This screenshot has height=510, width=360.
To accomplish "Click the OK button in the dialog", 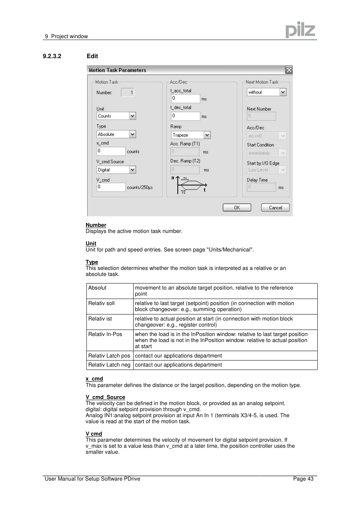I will [237, 208].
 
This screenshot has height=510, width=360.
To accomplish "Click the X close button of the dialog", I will [289, 70].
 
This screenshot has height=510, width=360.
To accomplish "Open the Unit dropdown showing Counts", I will [116, 116].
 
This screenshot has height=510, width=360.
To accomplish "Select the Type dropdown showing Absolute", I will [116, 134].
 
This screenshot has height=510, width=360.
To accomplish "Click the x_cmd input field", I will [111, 151].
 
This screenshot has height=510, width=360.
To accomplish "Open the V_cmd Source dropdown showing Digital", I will [116, 170].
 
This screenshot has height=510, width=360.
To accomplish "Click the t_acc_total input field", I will [185, 99].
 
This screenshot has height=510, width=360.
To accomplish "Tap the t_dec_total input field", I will [185, 116].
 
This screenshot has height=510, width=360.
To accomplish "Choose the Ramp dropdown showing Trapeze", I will [191, 135].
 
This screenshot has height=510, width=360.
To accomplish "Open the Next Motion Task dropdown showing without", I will [266, 92].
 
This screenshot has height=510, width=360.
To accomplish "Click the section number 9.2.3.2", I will [52, 56].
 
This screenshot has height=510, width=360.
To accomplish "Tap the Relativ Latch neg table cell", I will [109, 365].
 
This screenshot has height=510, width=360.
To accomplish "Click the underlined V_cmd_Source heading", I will [105, 397].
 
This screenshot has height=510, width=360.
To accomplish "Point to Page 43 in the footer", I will [303, 479].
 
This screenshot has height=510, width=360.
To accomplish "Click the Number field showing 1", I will [128, 92].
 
